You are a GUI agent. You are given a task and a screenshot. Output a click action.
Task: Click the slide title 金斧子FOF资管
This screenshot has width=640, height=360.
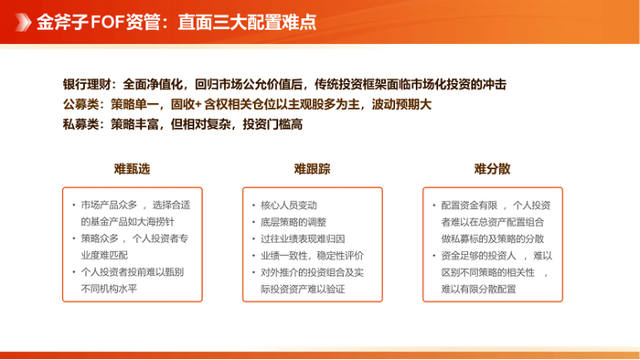(92, 20)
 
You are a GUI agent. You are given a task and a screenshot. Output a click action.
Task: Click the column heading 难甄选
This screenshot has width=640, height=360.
(132, 169)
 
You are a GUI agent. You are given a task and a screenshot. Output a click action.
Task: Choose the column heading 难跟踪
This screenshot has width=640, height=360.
(312, 169)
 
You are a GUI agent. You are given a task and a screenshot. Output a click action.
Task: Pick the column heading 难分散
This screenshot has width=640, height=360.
(492, 169)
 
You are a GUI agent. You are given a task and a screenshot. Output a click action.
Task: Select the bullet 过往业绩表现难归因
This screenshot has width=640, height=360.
(304, 239)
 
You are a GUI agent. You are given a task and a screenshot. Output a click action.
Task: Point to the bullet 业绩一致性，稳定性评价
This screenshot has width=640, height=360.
(312, 256)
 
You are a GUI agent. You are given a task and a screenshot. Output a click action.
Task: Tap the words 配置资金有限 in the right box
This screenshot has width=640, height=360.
(469, 205)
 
